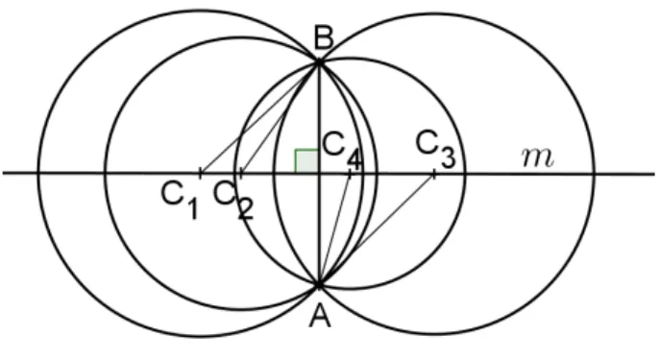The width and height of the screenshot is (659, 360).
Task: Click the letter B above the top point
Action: coord(324,37)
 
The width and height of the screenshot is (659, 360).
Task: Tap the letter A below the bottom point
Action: coord(320,316)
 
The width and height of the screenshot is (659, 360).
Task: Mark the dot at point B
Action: coord(319,62)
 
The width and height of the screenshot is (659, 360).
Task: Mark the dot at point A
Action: coord(319,285)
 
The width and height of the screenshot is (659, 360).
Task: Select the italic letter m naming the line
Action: coord(538,157)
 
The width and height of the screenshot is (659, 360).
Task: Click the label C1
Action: coord(180,201)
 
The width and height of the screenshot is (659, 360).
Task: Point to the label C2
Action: coord(233,201)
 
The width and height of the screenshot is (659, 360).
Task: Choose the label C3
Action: coord(436,150)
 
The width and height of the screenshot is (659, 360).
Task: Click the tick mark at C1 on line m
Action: coord(201,173)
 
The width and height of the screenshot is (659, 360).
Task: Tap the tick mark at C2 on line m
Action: coord(240,173)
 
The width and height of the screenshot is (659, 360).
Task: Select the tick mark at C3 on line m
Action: coord(434,173)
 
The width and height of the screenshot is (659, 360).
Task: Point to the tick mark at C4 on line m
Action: coord(350,173)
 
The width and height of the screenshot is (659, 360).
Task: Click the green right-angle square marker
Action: coord(306,161)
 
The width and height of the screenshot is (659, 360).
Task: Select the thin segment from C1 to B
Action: coord(259,118)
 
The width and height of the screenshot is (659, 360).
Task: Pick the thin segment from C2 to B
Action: coord(280,118)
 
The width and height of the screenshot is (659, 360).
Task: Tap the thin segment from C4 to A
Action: coord(335,228)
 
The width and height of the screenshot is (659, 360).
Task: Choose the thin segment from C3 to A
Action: coord(377,228)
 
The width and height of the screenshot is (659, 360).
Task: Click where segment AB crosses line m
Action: coord(319,173)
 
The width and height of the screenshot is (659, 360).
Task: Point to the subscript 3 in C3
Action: coord(448,159)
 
